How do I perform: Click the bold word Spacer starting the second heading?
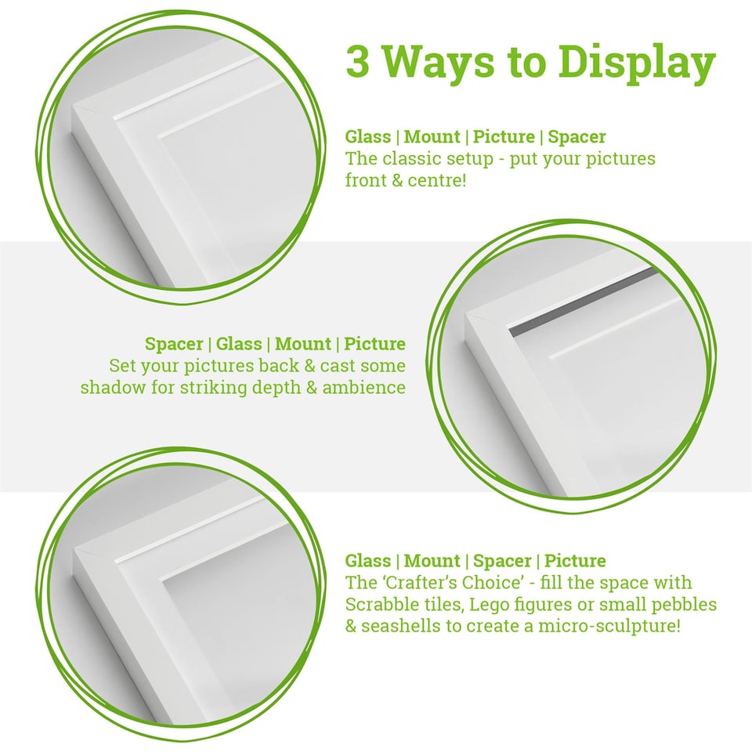click(x=173, y=344)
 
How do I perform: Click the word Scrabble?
click(x=378, y=605)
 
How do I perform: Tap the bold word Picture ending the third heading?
click(x=575, y=561)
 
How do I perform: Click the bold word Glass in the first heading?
click(x=368, y=137)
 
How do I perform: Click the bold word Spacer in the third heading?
click(x=502, y=561)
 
